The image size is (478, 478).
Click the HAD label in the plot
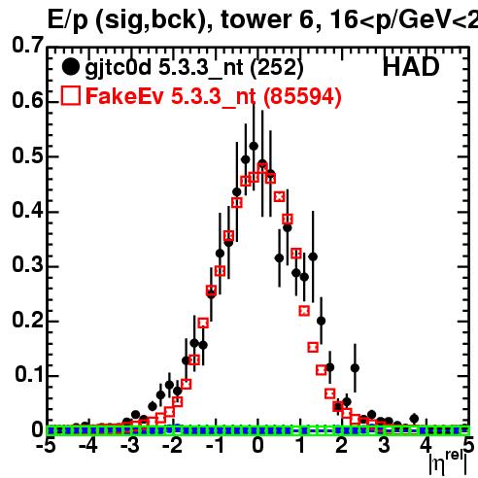point(411,67)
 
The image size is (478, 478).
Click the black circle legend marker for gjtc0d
point(70,67)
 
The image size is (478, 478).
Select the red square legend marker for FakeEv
point(71,95)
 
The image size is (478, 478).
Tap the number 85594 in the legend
point(301,96)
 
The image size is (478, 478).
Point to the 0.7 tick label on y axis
point(27,45)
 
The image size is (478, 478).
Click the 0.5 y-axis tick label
point(27,155)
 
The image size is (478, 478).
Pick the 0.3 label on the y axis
point(27,264)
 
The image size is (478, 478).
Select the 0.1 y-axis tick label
point(28,374)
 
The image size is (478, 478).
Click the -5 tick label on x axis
point(46,446)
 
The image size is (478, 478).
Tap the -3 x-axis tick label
point(130,446)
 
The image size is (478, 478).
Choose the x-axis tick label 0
point(257,446)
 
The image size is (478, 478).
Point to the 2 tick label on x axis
point(342,446)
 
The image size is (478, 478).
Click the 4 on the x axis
point(427,446)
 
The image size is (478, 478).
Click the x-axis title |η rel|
point(449,462)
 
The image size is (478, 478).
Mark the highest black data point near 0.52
point(254,146)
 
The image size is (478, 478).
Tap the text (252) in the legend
point(277,68)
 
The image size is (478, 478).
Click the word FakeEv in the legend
point(124,96)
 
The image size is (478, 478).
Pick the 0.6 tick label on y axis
point(27,100)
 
